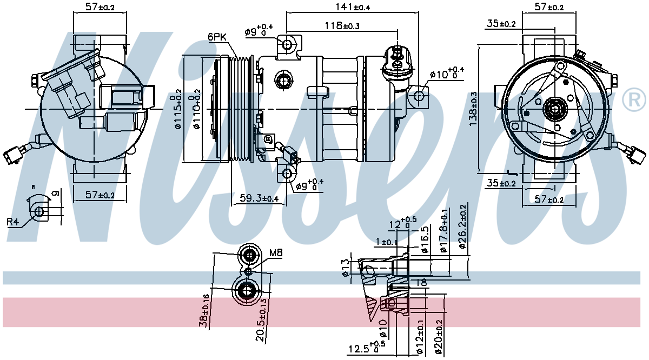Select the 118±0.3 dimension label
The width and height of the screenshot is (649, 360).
click(x=342, y=26)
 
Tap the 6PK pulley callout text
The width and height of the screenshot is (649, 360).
click(x=216, y=37)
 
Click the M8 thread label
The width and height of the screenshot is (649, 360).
click(x=276, y=252)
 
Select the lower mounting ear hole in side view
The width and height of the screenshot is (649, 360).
click(x=287, y=174)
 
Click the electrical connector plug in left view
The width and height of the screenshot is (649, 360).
click(x=13, y=156)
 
